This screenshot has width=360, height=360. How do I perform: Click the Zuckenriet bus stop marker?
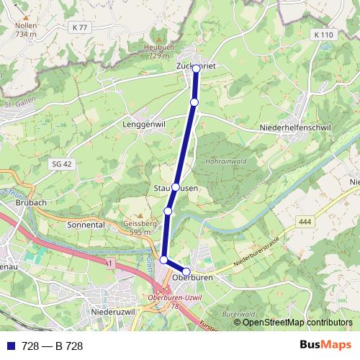pos(196,69)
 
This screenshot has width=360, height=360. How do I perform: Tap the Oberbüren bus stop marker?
pos(186,271)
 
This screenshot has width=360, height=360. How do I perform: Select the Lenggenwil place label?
pos(146,124)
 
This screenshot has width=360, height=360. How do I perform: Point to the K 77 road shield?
pos(79,27)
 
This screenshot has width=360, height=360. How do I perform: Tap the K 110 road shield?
pos(325,35)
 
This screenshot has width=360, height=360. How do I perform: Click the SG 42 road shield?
pos(63,164)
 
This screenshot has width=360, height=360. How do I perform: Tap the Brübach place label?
pos(31,203)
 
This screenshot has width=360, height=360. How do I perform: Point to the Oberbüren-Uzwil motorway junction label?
pos(171,302)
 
